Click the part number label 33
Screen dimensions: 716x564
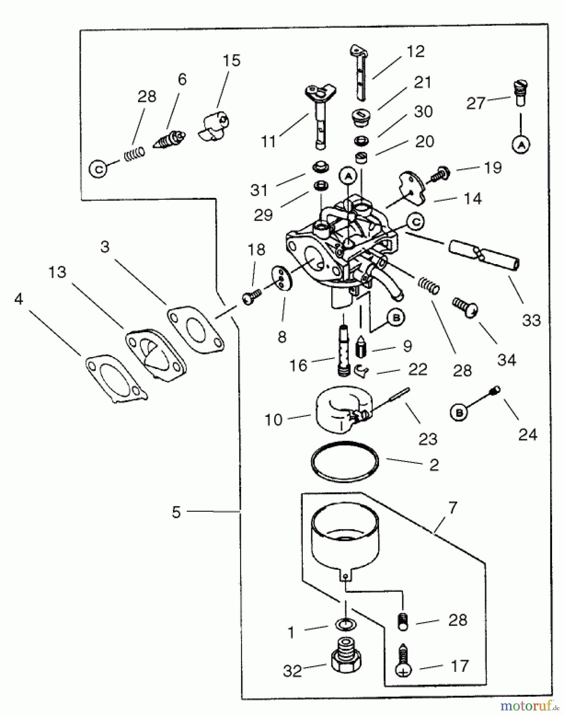531,320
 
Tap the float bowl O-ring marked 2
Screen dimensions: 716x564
345,461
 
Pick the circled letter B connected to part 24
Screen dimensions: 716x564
459,413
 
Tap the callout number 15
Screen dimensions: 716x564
231,60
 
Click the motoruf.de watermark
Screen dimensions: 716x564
529,706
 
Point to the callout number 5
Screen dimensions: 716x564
176,512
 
